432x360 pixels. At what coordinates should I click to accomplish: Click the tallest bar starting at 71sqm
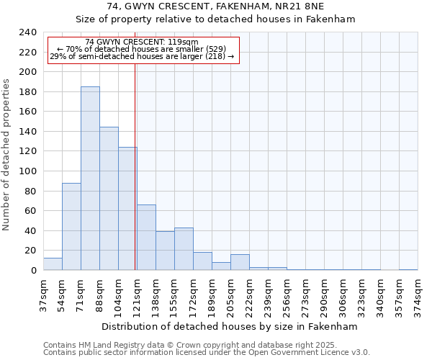(x=90, y=179)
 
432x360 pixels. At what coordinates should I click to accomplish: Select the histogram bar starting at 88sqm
(x=109, y=199)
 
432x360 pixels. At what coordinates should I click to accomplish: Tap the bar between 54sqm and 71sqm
(x=71, y=227)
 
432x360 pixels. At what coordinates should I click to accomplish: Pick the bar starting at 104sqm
(x=127, y=209)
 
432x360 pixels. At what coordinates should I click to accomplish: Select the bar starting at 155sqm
(x=184, y=249)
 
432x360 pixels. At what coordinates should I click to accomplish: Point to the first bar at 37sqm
(x=53, y=264)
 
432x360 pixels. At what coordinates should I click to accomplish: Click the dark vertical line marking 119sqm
(x=135, y=166)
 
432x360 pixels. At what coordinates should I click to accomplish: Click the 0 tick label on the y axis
(x=33, y=271)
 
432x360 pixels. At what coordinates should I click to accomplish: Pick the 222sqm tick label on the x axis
(x=249, y=294)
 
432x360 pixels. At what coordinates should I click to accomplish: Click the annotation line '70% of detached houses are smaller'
(x=141, y=49)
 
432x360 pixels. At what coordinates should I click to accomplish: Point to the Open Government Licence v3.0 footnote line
(x=207, y=353)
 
